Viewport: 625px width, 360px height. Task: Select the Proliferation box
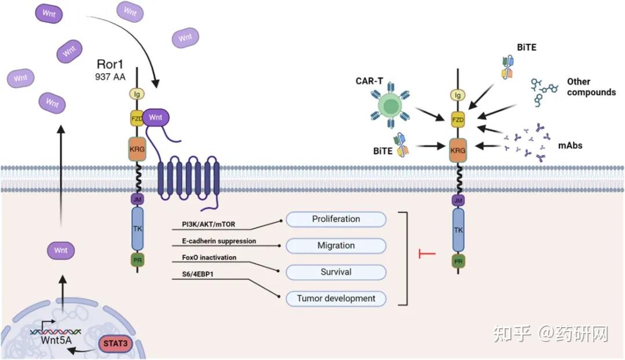[336, 219]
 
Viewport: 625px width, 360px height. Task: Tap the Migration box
[336, 245]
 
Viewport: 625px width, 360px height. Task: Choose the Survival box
[336, 272]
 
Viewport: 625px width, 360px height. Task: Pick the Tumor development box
[336, 299]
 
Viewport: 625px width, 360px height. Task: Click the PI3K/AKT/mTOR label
[205, 223]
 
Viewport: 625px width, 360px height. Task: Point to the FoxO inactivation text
[205, 258]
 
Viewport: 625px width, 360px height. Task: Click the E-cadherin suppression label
[215, 241]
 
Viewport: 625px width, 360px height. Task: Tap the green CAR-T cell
[391, 106]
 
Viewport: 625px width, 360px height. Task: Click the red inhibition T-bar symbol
[426, 254]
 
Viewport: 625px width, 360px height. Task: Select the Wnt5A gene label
[56, 340]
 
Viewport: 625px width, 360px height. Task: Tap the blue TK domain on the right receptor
[458, 230]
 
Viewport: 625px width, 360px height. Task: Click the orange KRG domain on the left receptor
[137, 148]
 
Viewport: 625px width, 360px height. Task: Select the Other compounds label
[590, 87]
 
